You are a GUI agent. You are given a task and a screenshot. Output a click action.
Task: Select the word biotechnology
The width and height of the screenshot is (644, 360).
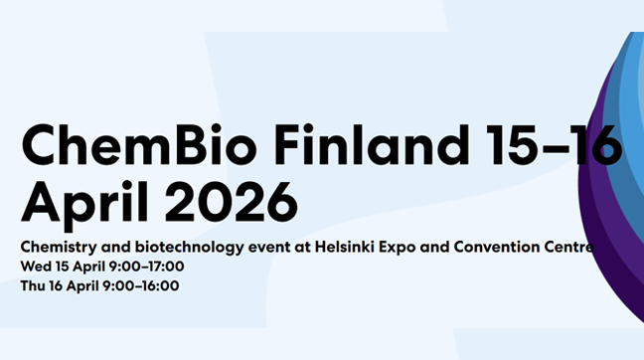tap(180, 246)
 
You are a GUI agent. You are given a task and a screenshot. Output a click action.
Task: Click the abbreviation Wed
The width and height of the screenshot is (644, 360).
tap(34, 266)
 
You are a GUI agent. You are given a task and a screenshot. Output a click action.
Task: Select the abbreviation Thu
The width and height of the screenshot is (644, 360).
tap(33, 285)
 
